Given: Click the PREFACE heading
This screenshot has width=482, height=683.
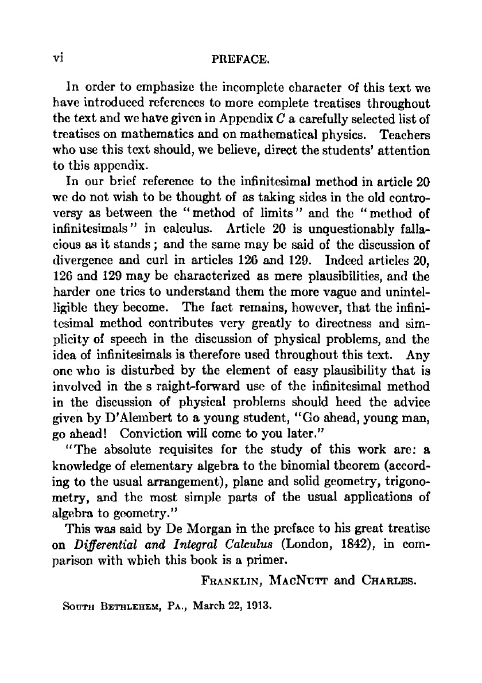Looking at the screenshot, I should click(242, 59).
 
